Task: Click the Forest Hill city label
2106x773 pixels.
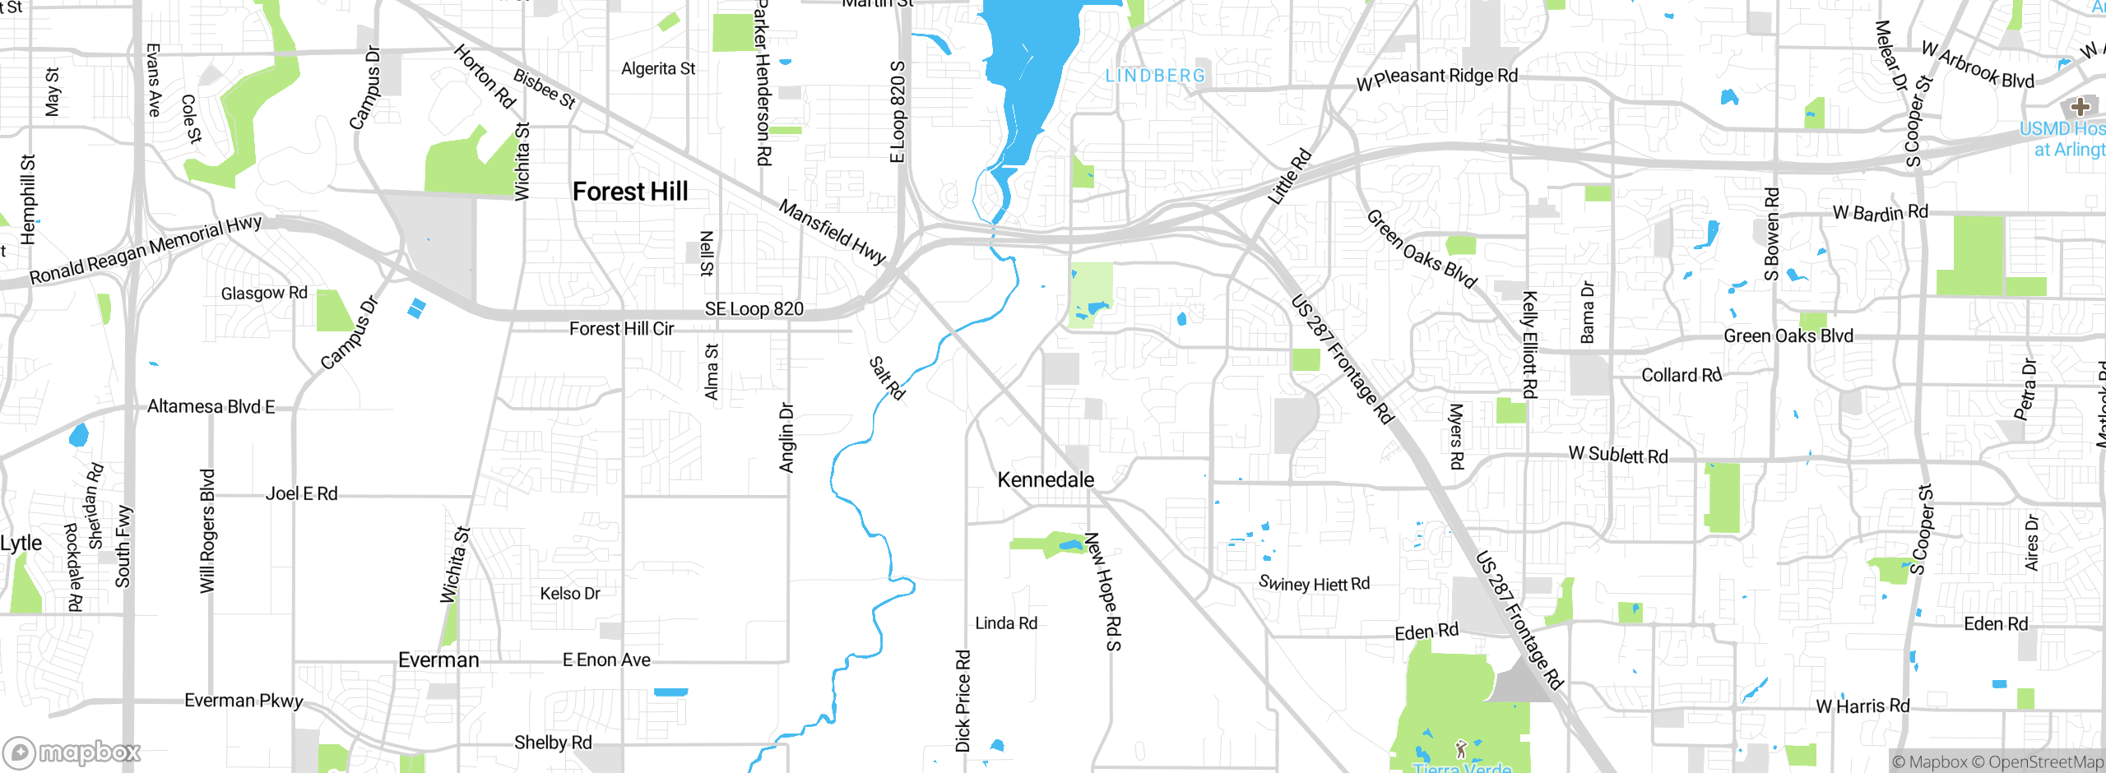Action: click(x=630, y=192)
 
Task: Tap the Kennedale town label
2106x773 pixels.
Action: click(x=1046, y=479)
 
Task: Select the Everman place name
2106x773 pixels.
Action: click(x=438, y=660)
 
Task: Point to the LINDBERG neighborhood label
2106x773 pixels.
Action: click(x=1155, y=76)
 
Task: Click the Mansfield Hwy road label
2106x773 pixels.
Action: click(x=833, y=232)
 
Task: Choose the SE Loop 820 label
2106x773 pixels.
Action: click(x=754, y=309)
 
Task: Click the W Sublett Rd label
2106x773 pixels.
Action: click(x=1618, y=455)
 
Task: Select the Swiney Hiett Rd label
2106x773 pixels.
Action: click(x=1314, y=584)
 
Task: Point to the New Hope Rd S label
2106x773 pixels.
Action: click(x=1103, y=590)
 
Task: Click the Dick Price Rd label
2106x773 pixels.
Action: click(x=963, y=701)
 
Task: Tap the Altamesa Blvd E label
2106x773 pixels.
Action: click(x=211, y=406)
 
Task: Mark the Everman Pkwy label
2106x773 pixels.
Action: click(x=244, y=701)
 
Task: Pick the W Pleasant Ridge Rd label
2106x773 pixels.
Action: click(x=1437, y=78)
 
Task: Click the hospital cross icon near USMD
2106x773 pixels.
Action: click(x=2080, y=106)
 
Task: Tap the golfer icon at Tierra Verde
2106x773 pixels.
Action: click(x=1461, y=749)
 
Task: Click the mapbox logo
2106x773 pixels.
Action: click(x=72, y=752)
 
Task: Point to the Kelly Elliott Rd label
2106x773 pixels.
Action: click(x=1529, y=345)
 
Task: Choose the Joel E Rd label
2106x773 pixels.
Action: click(x=301, y=493)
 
